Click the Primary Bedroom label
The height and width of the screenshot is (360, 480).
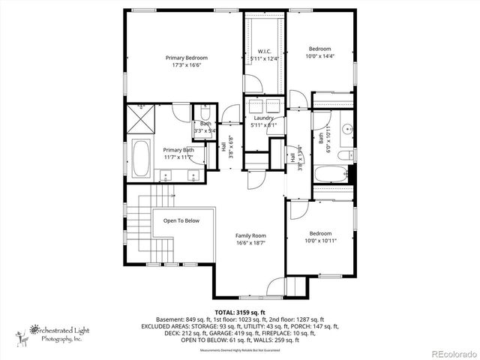(x=186, y=58)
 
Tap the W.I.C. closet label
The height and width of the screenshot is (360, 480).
(x=264, y=52)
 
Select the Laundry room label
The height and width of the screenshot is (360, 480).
(x=263, y=118)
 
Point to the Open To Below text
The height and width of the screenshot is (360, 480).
(x=181, y=220)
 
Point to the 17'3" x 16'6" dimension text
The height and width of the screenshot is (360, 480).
(x=186, y=65)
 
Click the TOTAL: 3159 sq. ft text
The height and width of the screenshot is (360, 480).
(x=240, y=312)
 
